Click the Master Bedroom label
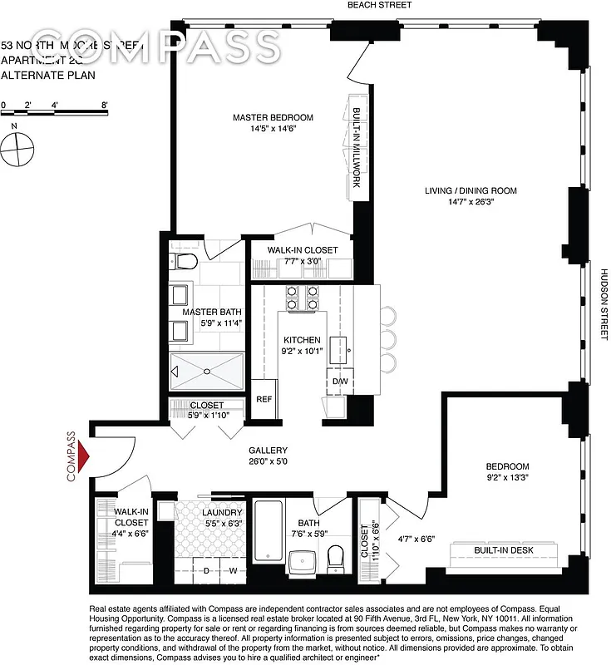click(x=273, y=117)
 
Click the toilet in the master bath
click(x=185, y=263)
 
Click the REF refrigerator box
click(x=264, y=399)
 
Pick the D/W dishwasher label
click(x=340, y=382)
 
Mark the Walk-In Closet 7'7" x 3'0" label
click(x=303, y=250)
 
